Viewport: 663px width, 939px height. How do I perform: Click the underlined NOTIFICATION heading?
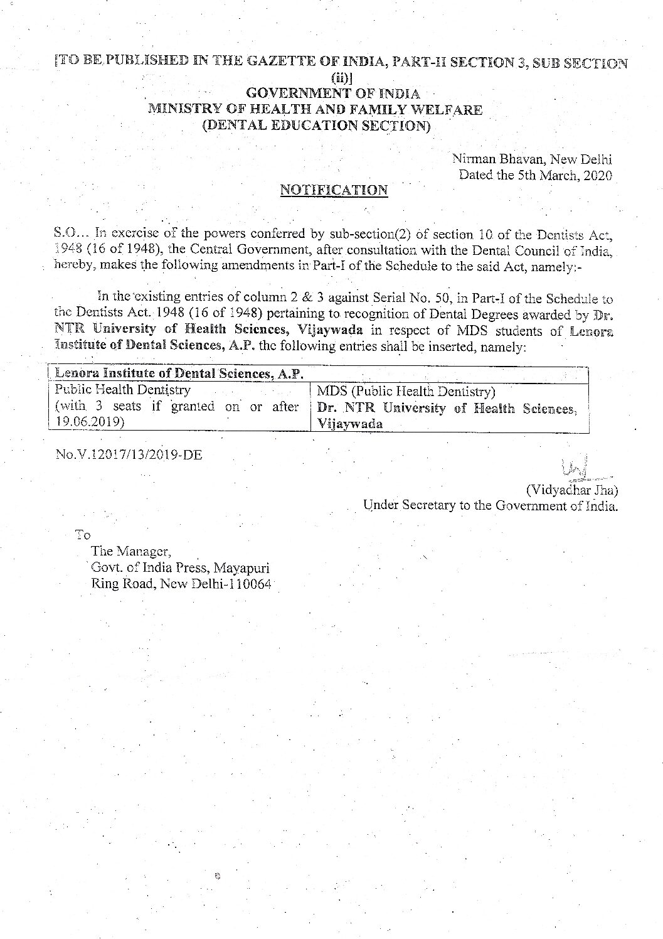(x=333, y=190)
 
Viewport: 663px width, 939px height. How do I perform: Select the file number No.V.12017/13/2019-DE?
(x=129, y=454)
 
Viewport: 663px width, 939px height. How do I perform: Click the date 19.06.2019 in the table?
(x=87, y=422)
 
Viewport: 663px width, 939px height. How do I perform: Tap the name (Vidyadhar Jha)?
(x=571, y=490)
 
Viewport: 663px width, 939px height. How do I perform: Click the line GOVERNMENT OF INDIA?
(x=333, y=94)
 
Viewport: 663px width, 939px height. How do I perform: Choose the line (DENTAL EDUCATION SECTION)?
(x=316, y=125)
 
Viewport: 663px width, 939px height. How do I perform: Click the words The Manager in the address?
(x=130, y=551)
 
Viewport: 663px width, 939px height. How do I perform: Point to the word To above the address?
(x=83, y=535)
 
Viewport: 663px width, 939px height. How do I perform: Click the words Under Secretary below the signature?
(x=410, y=505)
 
